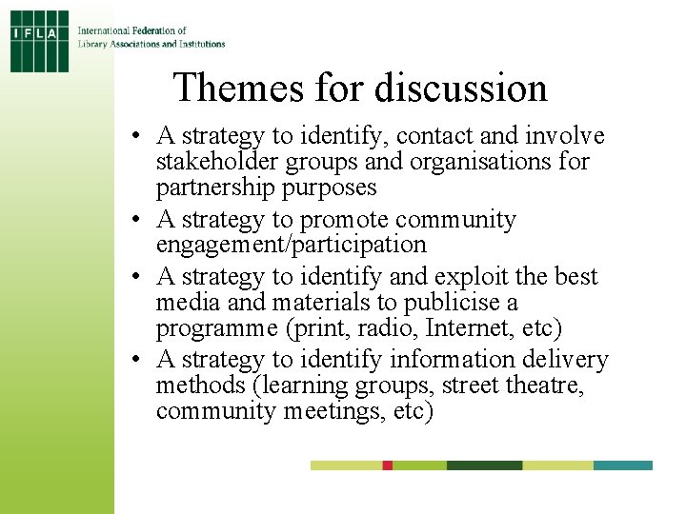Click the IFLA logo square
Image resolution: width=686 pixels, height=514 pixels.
(x=39, y=40)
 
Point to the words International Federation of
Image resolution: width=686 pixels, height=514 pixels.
(x=132, y=30)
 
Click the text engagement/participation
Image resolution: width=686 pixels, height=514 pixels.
(x=291, y=245)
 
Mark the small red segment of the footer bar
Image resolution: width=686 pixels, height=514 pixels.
(x=388, y=465)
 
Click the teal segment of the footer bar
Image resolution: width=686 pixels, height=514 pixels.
(x=623, y=465)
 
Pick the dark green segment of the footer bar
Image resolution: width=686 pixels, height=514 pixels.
(x=484, y=465)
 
